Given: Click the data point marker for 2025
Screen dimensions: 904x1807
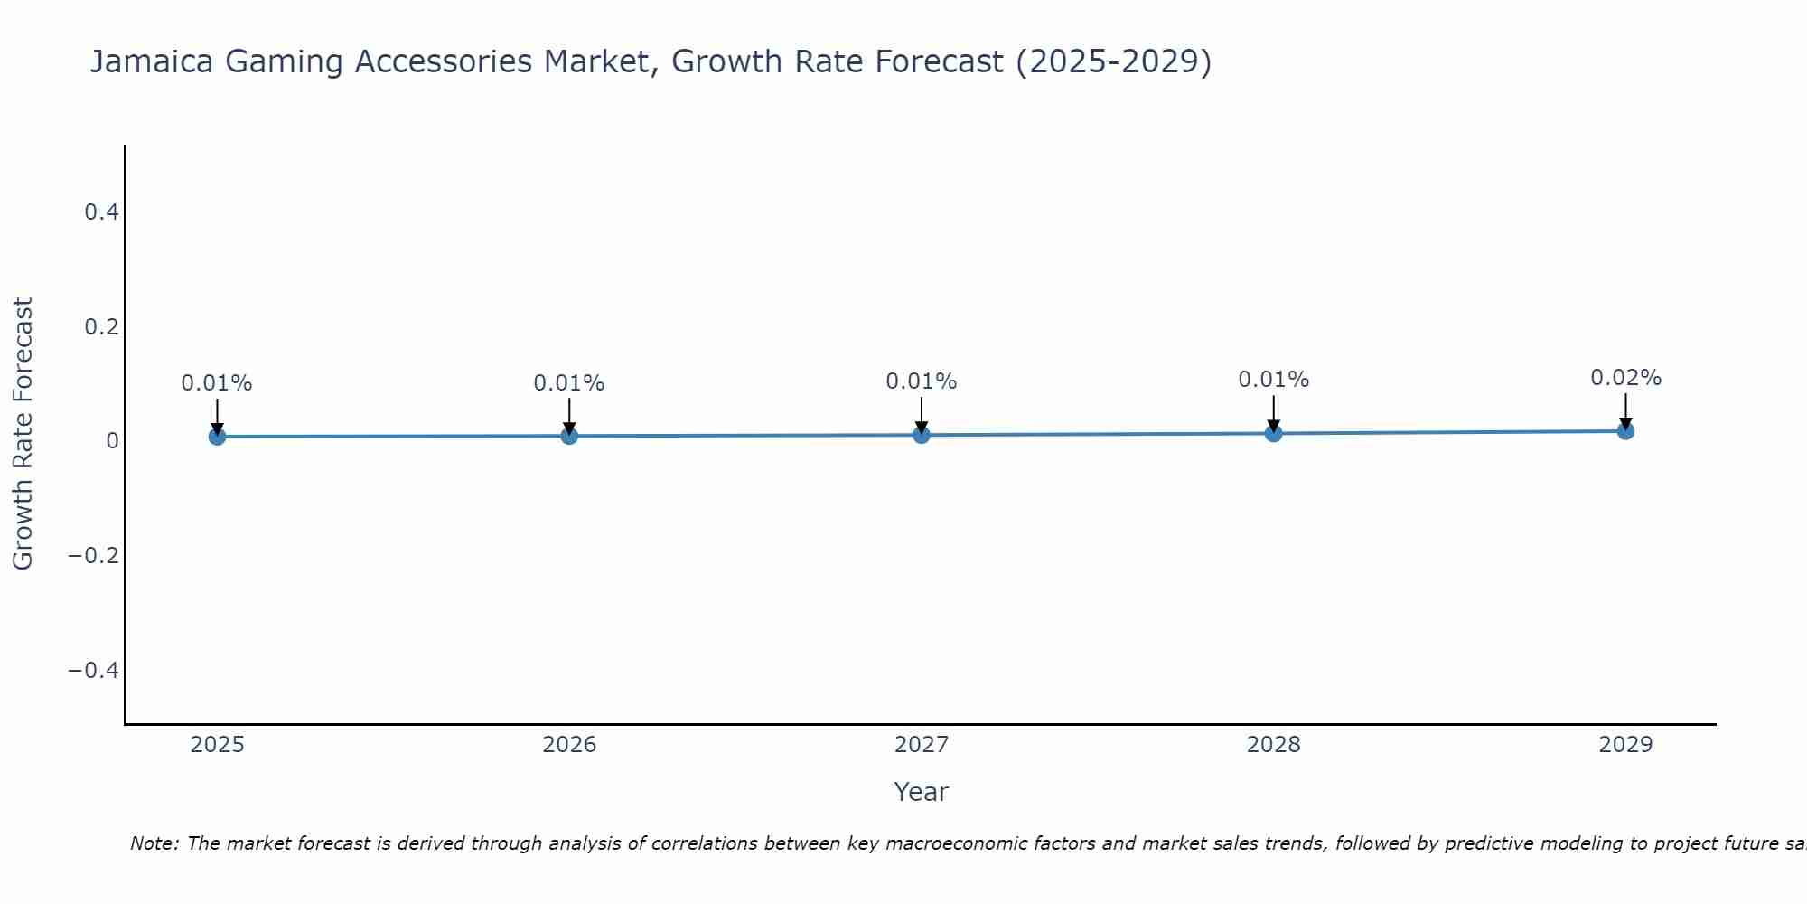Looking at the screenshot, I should [217, 437].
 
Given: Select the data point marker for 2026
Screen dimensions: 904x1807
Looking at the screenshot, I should [569, 436].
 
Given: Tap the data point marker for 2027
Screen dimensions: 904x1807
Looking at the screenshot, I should [922, 435].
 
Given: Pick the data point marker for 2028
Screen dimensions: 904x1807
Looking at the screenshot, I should [1273, 433].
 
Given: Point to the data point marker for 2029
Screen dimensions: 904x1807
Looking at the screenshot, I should [1625, 431].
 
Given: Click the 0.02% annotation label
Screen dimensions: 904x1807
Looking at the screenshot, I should [1625, 378].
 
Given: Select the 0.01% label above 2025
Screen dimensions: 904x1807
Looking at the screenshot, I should [217, 383].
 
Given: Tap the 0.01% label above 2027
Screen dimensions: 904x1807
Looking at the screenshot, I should [922, 381].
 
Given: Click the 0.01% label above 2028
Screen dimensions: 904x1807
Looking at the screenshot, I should [1273, 380].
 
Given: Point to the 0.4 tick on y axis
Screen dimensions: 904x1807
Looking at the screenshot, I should [101, 212].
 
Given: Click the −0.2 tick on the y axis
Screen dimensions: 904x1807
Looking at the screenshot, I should [94, 555].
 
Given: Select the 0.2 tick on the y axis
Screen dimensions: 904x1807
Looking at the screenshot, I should [101, 326].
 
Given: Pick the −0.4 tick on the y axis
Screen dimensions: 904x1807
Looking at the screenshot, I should [94, 670].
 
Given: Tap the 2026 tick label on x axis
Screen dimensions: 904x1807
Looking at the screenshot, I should [569, 745].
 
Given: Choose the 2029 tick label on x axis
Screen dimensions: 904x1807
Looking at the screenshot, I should [1625, 745].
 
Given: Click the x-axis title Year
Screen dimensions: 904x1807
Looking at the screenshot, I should [921, 792].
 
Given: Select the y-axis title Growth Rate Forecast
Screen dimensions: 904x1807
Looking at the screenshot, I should [23, 434].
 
